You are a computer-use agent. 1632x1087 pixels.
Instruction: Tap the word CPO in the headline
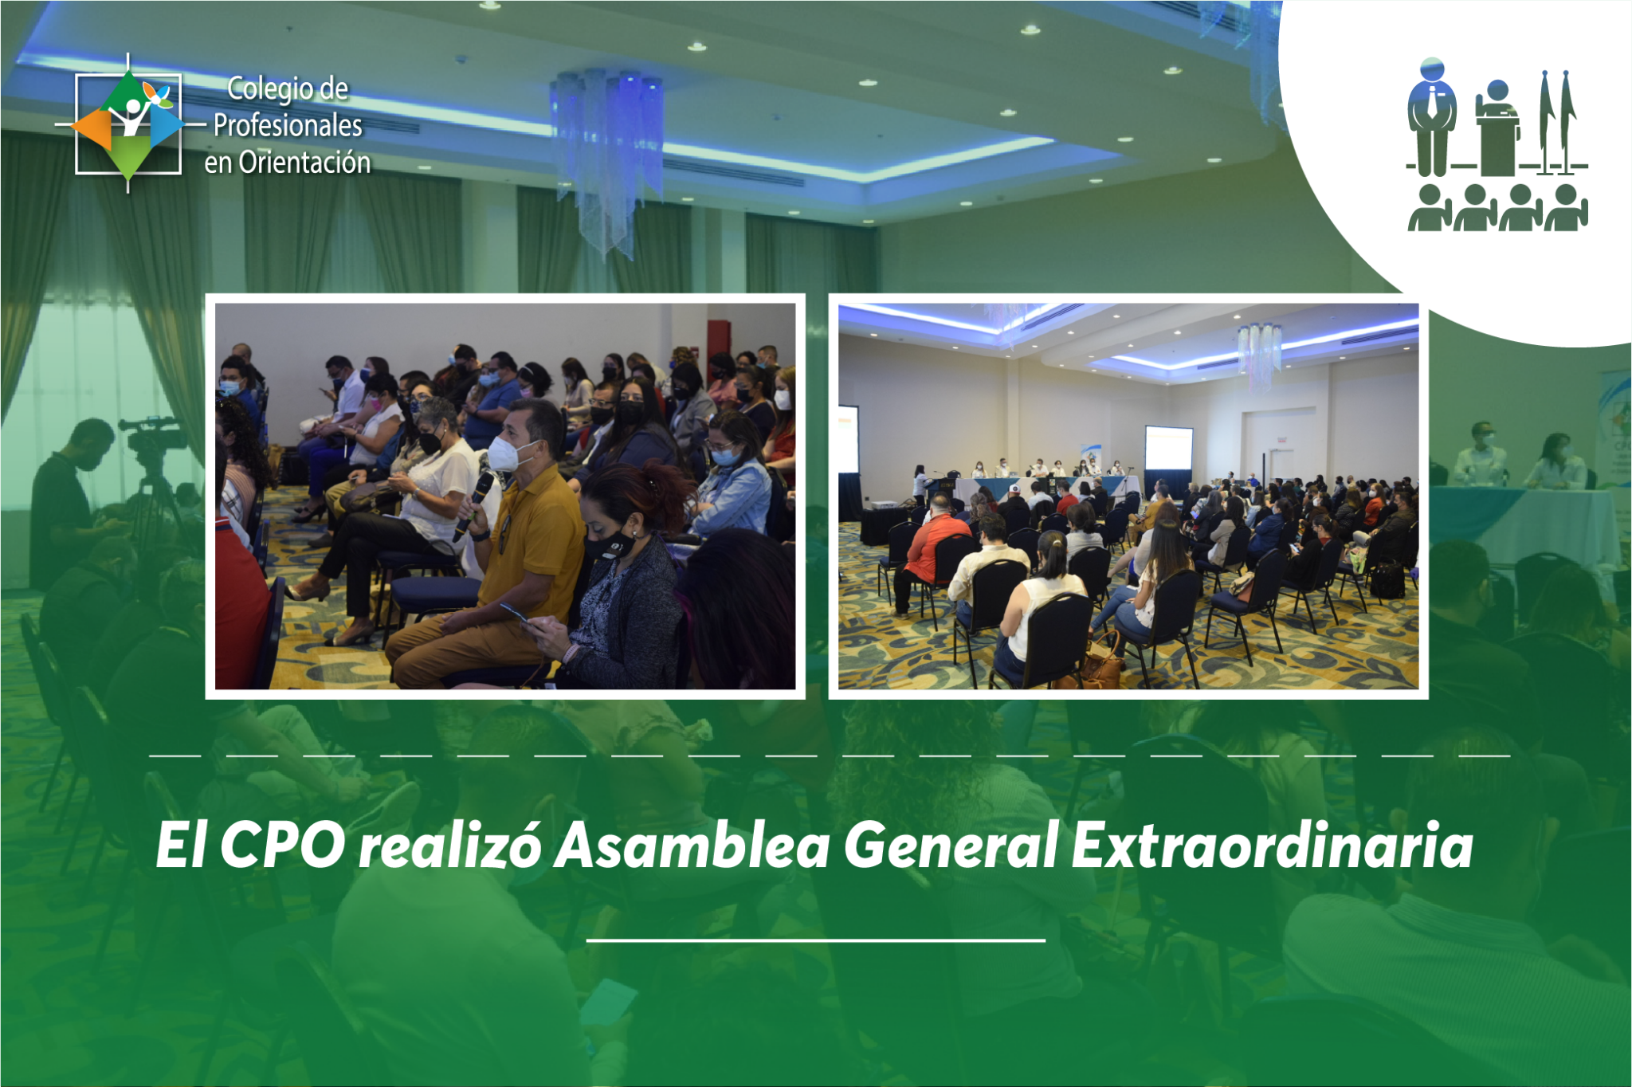282,845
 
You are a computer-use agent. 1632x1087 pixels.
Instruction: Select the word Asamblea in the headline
692,845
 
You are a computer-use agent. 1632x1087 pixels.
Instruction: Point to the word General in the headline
951,845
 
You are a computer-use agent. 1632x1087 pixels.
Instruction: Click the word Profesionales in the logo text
288,125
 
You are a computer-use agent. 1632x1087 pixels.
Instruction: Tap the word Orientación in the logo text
304,162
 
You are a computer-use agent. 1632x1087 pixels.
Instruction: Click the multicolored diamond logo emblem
127,124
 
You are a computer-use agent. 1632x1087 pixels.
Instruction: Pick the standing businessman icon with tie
1431,117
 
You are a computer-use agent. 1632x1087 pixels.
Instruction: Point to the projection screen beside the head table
1168,449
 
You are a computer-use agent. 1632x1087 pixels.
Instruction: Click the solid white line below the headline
815,940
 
